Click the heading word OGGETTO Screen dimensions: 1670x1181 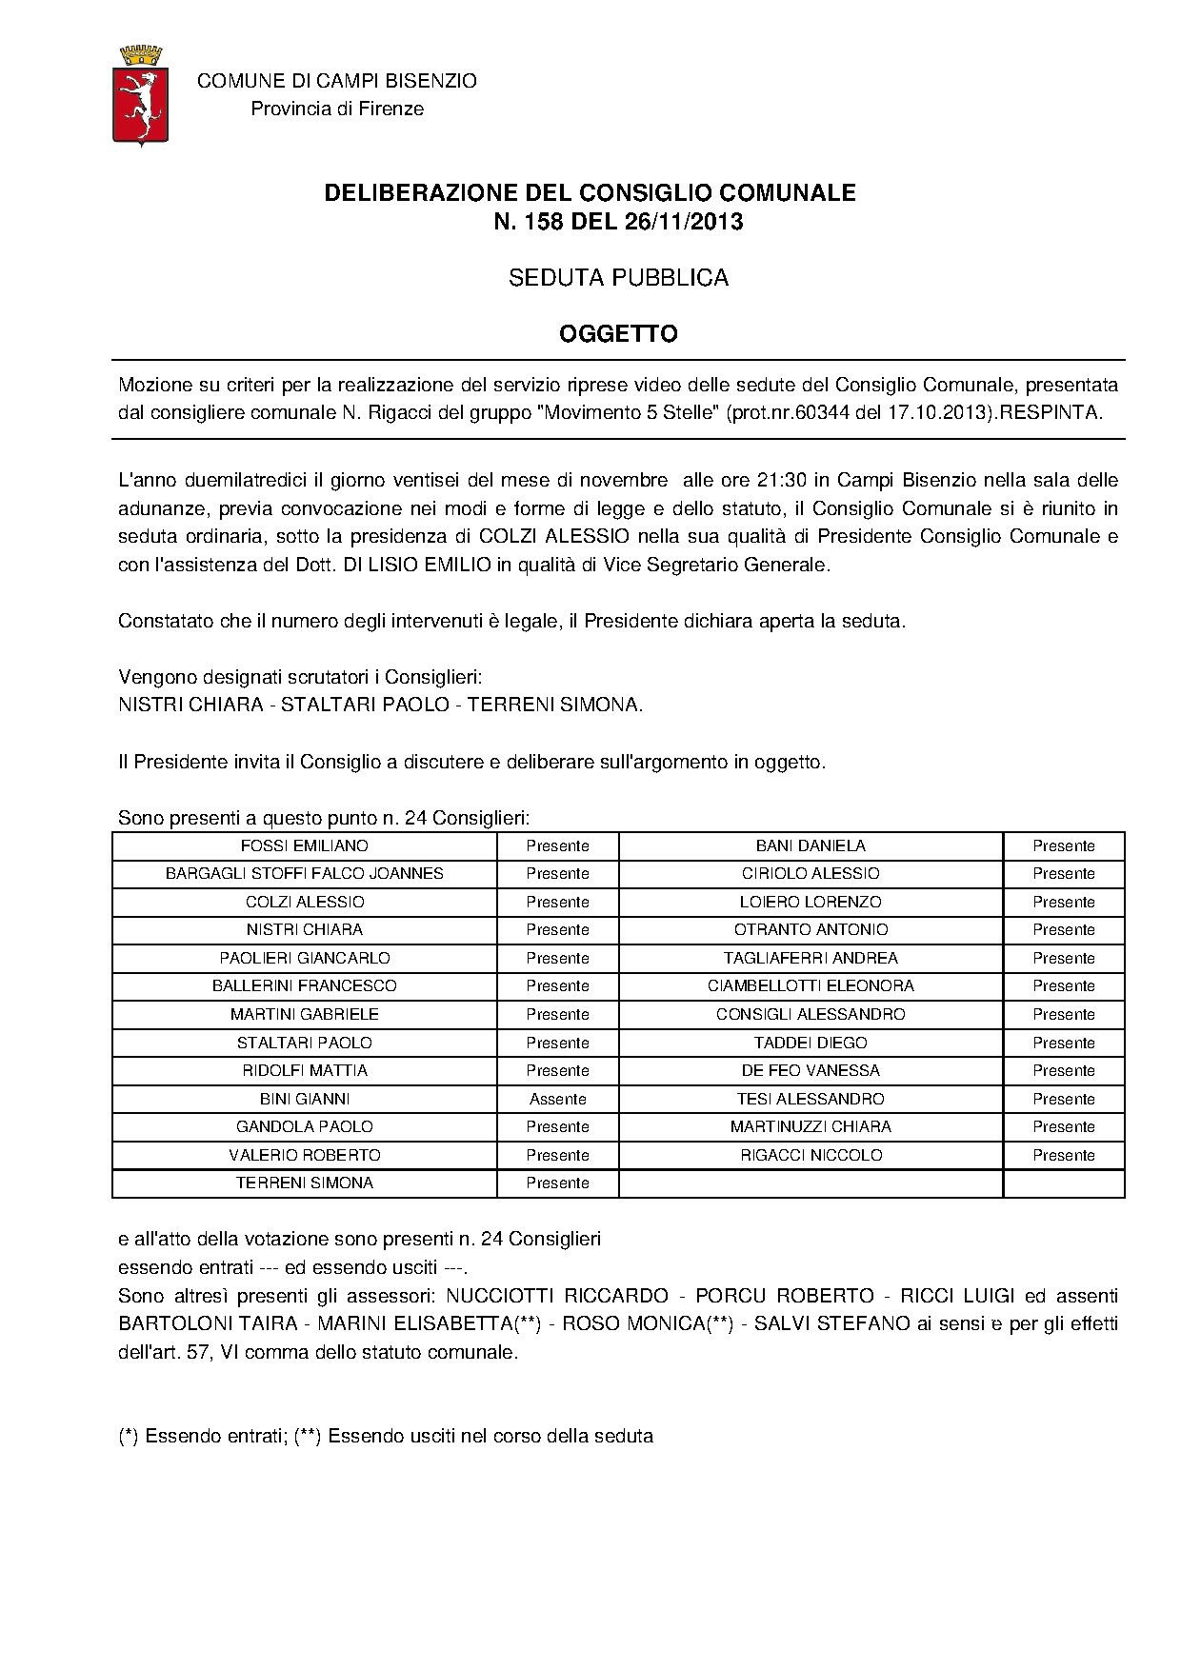[x=617, y=334]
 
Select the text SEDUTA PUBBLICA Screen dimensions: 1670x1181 [x=617, y=278]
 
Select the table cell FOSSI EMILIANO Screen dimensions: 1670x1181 [x=305, y=845]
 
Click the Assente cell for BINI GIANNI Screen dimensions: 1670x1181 [x=557, y=1099]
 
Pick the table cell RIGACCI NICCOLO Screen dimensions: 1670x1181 [x=811, y=1155]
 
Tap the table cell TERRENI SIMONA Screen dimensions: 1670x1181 [x=305, y=1183]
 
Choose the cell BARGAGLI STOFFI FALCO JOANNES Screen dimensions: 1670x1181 [x=305, y=873]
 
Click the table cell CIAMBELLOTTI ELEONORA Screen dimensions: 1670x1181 [x=811, y=985]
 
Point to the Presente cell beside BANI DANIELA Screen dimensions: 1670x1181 [x=1063, y=845]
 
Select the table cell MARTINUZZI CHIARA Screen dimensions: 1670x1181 [x=811, y=1126]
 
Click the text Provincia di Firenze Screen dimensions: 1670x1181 [x=337, y=109]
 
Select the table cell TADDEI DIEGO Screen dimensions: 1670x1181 [x=811, y=1043]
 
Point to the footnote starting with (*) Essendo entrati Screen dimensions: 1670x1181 [x=385, y=1436]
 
